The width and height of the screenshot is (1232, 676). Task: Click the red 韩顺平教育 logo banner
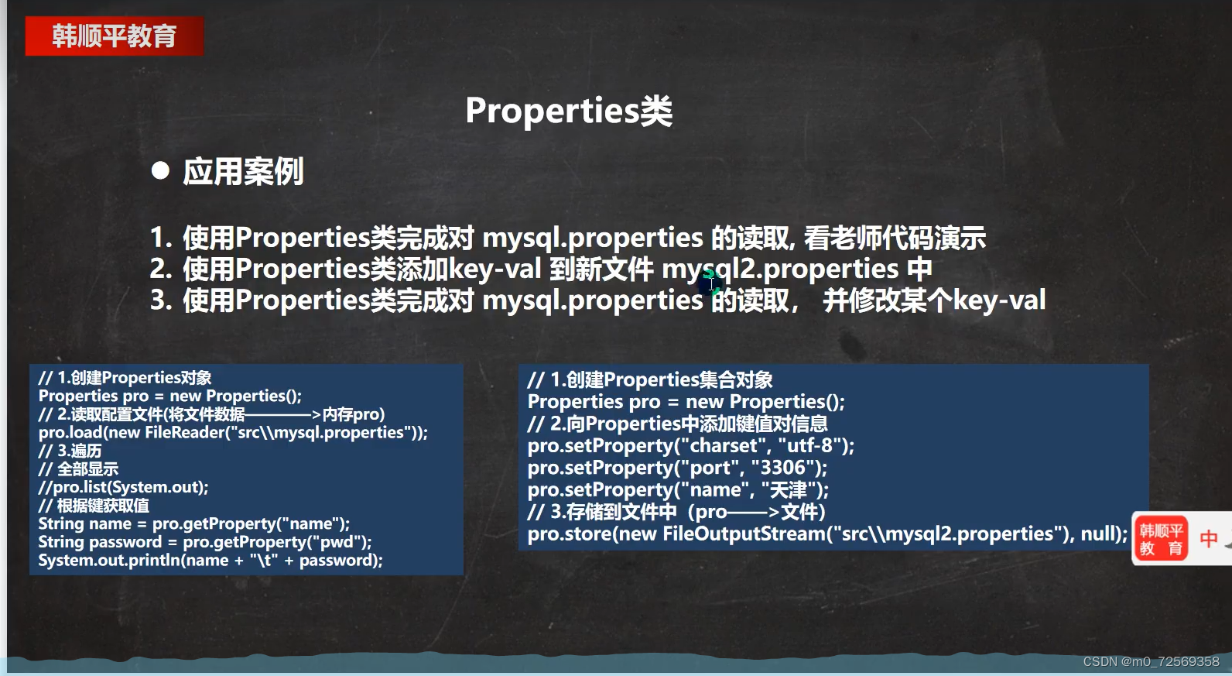point(114,36)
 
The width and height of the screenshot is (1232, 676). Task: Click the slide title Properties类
point(569,111)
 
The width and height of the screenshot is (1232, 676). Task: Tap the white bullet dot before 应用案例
point(160,170)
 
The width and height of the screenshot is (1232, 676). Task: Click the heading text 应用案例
point(243,171)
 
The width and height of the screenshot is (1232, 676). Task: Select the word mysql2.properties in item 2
point(780,269)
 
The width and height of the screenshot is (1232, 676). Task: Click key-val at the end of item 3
point(999,300)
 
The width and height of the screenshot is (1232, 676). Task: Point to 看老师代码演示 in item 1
point(895,238)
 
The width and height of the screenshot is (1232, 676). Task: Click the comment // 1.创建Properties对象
point(125,378)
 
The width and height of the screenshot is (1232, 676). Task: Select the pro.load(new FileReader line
point(233,432)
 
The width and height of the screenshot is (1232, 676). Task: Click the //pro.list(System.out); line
point(123,487)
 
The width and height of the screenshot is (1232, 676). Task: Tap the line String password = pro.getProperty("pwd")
point(205,542)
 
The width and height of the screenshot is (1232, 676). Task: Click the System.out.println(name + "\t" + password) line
point(210,560)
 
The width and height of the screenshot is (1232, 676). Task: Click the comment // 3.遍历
point(70,451)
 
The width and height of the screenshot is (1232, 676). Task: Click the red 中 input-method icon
point(1208,539)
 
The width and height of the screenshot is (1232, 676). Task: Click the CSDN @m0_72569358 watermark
point(1151,661)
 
